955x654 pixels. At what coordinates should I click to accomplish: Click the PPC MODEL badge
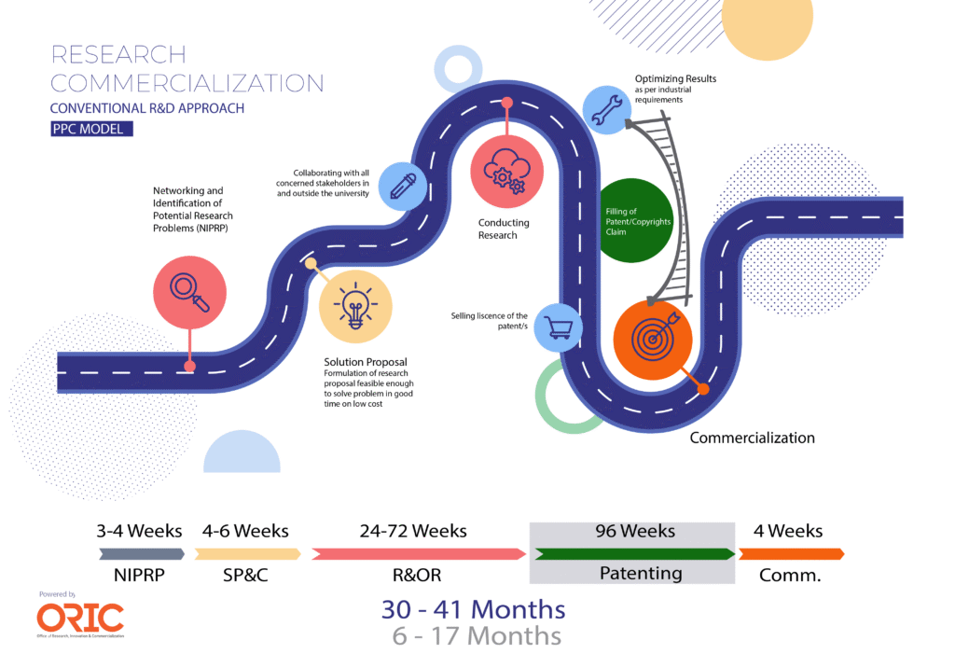(91, 129)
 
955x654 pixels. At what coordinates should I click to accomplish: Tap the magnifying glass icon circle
(189, 290)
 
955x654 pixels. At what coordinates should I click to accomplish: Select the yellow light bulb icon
(355, 306)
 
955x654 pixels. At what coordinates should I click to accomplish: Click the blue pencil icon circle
(403, 185)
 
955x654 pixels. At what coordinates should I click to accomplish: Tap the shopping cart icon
(558, 327)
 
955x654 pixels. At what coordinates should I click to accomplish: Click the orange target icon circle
(652, 339)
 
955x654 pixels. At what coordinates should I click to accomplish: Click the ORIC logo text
(80, 618)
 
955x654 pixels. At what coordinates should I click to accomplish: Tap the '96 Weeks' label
(634, 531)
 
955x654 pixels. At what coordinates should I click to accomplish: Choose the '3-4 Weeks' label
(140, 531)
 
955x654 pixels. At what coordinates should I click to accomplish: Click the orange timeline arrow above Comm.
(791, 554)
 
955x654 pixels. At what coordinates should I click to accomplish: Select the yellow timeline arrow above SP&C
(247, 554)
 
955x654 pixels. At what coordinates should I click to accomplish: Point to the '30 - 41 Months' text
(473, 609)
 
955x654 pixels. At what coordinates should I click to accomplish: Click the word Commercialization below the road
(752, 438)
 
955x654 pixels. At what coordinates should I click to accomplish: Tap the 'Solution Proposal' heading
(366, 362)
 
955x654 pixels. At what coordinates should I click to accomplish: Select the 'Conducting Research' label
(504, 229)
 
